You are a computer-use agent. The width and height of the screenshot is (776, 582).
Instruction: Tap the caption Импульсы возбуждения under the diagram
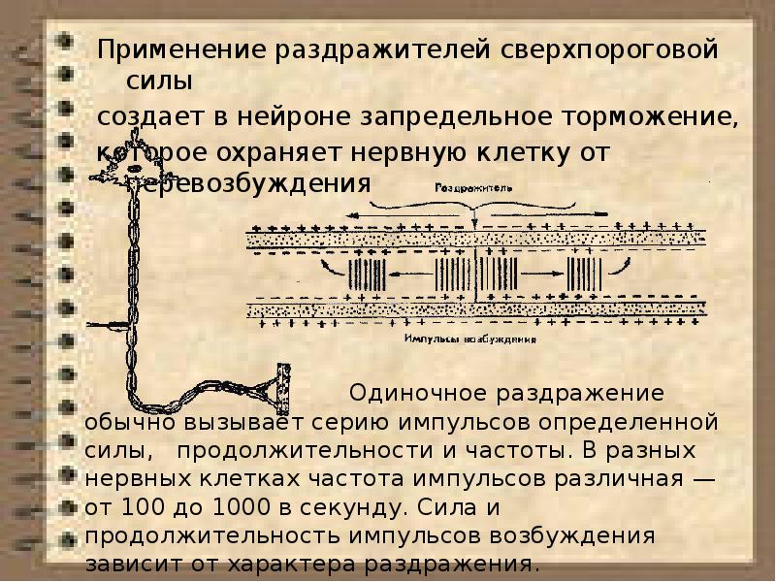click(x=469, y=339)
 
